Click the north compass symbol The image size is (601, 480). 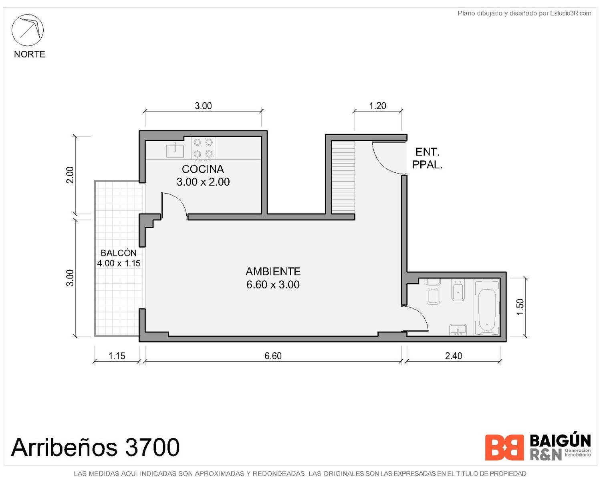click(x=27, y=30)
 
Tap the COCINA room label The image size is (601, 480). click(x=203, y=169)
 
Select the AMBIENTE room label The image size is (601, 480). click(x=273, y=271)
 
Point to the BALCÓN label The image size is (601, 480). click(x=119, y=253)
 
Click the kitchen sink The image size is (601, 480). click(x=175, y=150)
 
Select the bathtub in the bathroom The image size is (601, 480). click(x=487, y=307)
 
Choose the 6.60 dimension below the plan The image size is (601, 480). click(x=273, y=356)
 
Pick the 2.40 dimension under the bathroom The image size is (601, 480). click(x=453, y=356)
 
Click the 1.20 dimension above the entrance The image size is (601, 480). click(x=377, y=106)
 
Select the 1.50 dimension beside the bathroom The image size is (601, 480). click(x=520, y=307)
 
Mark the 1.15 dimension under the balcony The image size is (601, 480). click(x=117, y=356)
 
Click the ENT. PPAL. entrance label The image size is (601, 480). click(x=428, y=158)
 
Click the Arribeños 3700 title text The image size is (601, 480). click(x=95, y=447)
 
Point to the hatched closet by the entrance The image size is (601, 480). click(x=343, y=177)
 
